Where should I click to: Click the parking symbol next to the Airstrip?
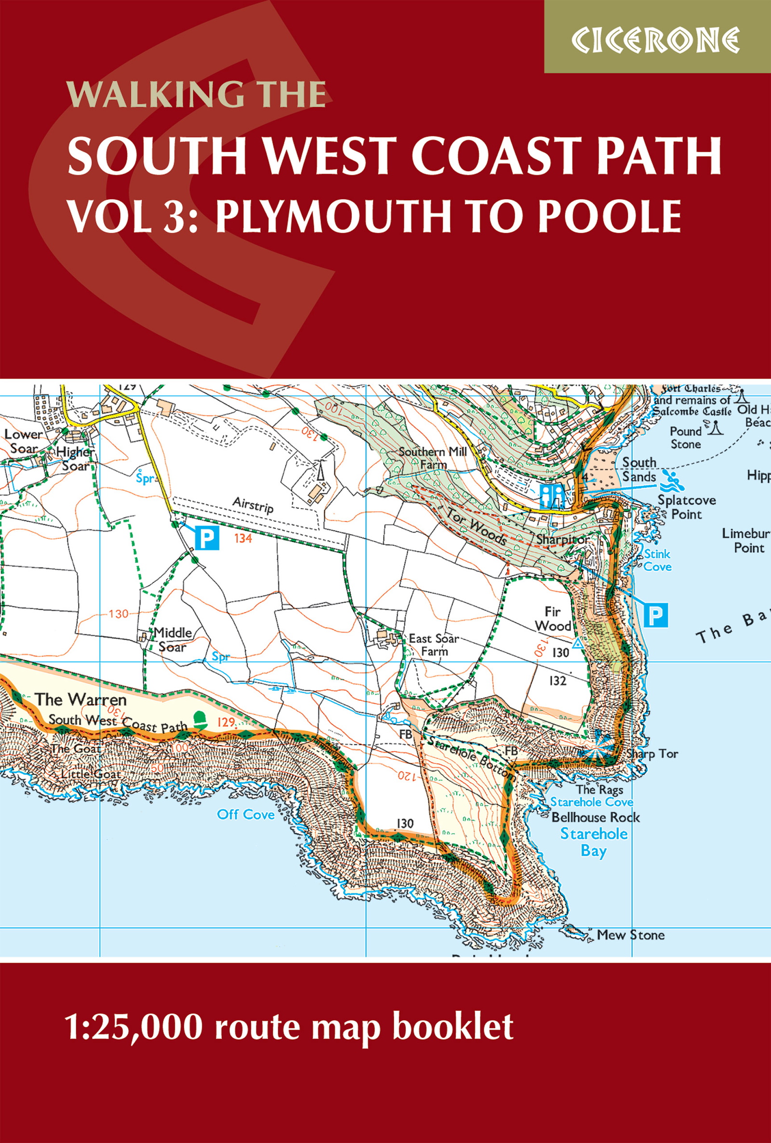point(207,538)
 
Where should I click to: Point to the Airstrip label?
point(253,505)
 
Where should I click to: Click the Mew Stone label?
point(630,935)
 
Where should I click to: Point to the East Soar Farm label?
point(434,645)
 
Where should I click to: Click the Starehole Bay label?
point(594,843)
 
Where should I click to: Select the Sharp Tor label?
point(652,754)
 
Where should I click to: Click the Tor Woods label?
point(477,524)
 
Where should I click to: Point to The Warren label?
point(80,699)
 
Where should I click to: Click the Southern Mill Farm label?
point(433,457)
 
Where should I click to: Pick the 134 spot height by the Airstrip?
point(243,538)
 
